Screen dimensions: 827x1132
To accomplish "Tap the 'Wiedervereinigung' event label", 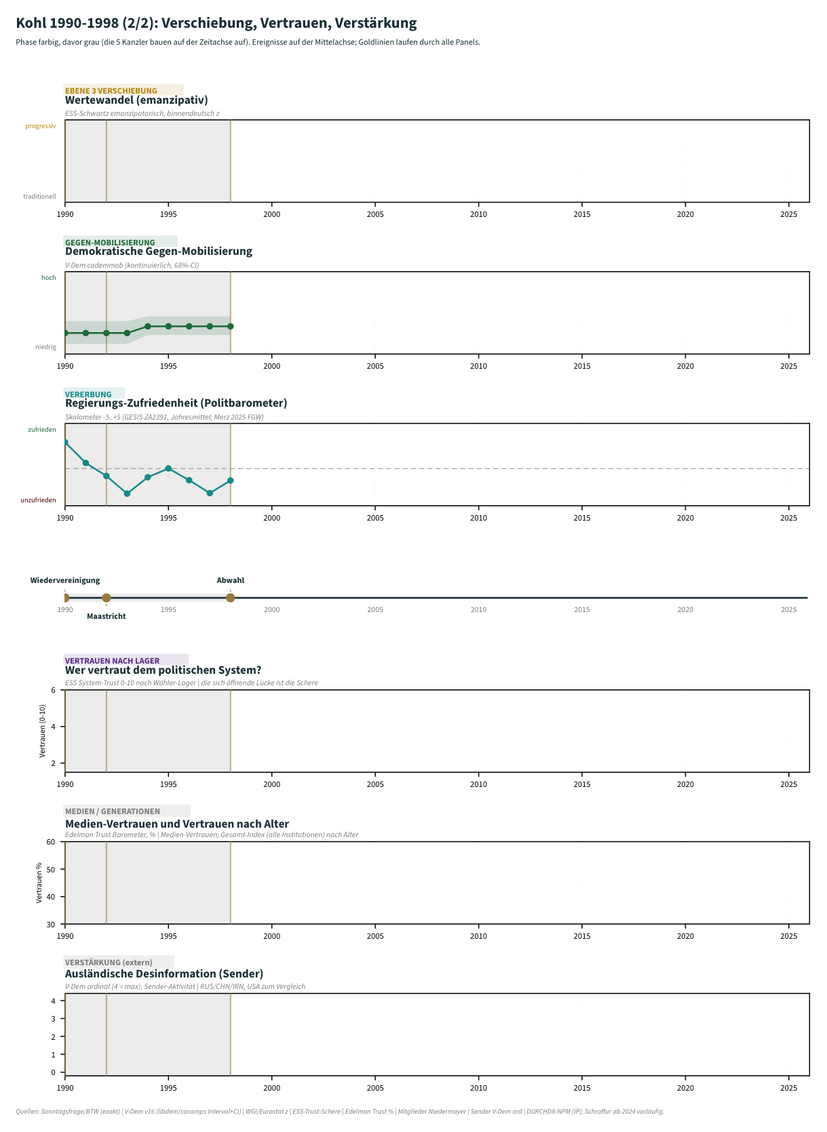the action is [x=64, y=580].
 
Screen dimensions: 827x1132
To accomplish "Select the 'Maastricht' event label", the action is [x=107, y=616].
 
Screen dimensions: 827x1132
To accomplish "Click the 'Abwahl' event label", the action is [x=230, y=580].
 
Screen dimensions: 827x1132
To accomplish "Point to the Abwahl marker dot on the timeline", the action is [x=230, y=598].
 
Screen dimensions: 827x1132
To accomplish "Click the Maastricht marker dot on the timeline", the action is [x=107, y=598].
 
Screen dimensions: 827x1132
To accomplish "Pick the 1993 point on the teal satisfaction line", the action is [x=127, y=493].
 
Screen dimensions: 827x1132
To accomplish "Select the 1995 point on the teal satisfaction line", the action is [x=168, y=468].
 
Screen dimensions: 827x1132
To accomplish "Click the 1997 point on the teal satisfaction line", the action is [x=210, y=493].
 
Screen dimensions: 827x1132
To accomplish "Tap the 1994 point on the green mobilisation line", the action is [x=148, y=327].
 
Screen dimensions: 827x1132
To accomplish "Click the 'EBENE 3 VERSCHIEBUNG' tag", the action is [x=111, y=91].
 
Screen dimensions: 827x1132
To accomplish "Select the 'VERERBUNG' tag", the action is [x=88, y=395].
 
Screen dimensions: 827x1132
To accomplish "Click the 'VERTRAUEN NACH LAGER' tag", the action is [x=113, y=660].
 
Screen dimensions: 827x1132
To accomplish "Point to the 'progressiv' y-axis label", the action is [x=41, y=126].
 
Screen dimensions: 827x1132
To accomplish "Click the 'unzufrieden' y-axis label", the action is [x=39, y=500].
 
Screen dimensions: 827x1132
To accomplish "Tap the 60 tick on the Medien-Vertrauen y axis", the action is [x=51, y=842].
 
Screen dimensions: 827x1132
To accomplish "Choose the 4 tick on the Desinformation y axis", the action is [x=53, y=1001].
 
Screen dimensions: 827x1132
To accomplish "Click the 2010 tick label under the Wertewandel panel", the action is [x=478, y=214].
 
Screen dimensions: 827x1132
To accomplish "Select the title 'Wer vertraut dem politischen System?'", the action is [x=164, y=670].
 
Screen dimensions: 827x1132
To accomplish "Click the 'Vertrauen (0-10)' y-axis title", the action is [x=43, y=731].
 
